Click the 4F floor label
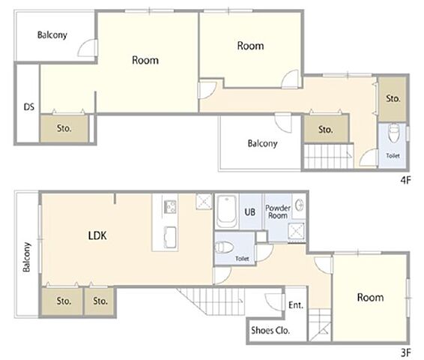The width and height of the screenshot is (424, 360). (x=405, y=180)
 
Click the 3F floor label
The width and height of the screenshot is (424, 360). (x=405, y=352)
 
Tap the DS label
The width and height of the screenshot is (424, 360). (x=29, y=107)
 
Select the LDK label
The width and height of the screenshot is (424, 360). (x=97, y=235)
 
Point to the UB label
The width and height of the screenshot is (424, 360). (x=250, y=212)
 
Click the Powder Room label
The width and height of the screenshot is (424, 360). (x=278, y=211)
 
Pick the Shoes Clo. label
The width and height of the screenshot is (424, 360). (x=270, y=330)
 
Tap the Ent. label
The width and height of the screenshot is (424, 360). (x=296, y=305)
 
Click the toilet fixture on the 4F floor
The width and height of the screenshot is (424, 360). (x=393, y=133)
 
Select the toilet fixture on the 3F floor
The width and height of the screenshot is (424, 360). (x=225, y=247)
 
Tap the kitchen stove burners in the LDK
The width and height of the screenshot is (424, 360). (x=169, y=207)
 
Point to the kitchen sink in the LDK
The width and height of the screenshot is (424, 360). (x=170, y=237)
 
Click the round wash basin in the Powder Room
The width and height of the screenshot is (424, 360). (x=299, y=205)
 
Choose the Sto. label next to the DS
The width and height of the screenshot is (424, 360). (x=64, y=128)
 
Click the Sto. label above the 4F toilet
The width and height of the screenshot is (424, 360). (x=393, y=98)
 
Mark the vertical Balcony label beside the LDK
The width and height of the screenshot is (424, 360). (x=26, y=256)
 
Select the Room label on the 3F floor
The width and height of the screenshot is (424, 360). (x=370, y=298)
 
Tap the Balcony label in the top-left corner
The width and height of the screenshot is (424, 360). (x=52, y=35)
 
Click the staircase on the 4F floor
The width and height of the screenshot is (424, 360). (x=329, y=156)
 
